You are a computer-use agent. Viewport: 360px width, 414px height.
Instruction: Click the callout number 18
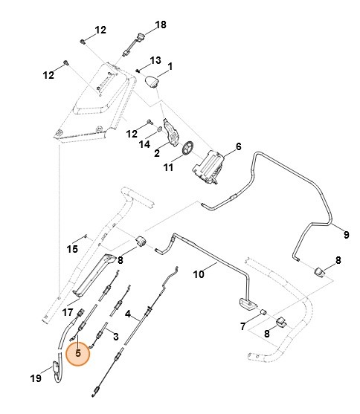tap(161, 25)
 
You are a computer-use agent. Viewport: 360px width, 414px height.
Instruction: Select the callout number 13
tap(155, 59)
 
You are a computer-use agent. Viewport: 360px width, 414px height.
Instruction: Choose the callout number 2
tap(158, 154)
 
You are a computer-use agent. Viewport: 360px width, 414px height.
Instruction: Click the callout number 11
tap(169, 167)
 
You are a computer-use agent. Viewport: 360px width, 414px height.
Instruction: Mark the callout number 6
tap(238, 147)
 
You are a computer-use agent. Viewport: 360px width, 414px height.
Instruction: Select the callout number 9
tap(345, 234)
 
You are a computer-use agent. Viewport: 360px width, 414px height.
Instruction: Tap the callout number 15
tap(73, 248)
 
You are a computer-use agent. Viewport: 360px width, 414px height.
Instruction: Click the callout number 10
tap(199, 274)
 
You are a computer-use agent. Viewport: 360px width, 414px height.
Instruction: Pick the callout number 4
tap(128, 314)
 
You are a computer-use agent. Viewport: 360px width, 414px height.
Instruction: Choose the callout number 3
tap(115, 337)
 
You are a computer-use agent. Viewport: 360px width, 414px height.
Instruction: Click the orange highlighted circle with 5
tap(77, 354)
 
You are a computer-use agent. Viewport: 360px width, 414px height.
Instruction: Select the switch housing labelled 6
tap(208, 165)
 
